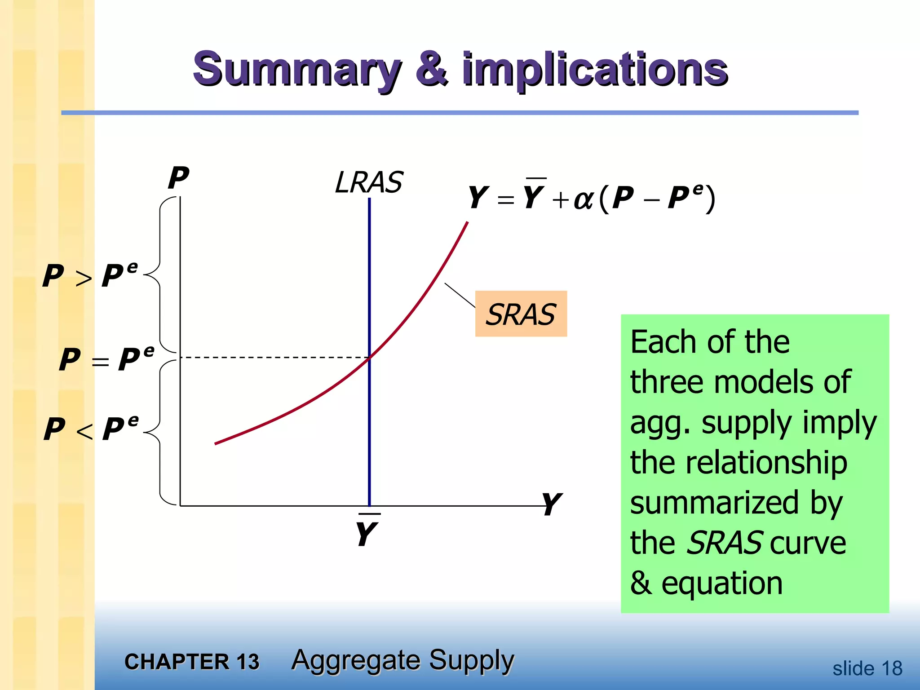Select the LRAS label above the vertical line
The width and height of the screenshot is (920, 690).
click(x=369, y=182)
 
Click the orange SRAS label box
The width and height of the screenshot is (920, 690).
click(x=521, y=314)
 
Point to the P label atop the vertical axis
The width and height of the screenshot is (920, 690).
click(x=179, y=178)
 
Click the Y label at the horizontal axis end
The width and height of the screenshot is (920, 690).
click(x=551, y=504)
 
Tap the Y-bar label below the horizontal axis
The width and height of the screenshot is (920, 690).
click(x=367, y=533)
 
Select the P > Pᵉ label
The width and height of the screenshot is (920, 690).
click(x=90, y=275)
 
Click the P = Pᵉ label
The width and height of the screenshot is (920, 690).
click(x=107, y=359)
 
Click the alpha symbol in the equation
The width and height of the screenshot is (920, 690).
click(x=584, y=199)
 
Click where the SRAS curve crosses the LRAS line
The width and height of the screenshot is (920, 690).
click(x=369, y=358)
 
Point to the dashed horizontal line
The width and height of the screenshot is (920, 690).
click(x=274, y=358)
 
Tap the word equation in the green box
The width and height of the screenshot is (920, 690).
click(x=722, y=583)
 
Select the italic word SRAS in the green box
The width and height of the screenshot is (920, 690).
click(x=725, y=543)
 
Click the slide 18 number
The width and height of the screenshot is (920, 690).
click(x=867, y=668)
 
